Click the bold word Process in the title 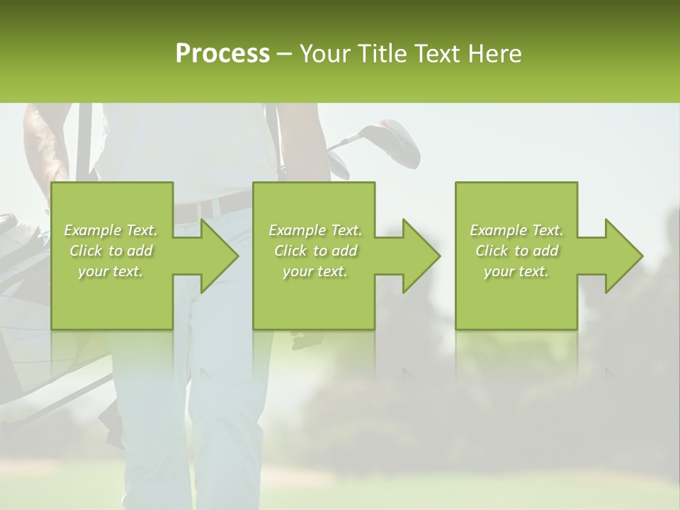click(222, 54)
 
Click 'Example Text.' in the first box click(110, 230)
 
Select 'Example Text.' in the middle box click(314, 230)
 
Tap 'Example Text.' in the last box click(516, 230)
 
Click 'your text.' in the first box click(110, 271)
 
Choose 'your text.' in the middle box click(314, 271)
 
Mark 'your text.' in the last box click(516, 271)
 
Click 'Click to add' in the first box click(110, 251)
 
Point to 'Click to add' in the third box click(516, 251)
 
